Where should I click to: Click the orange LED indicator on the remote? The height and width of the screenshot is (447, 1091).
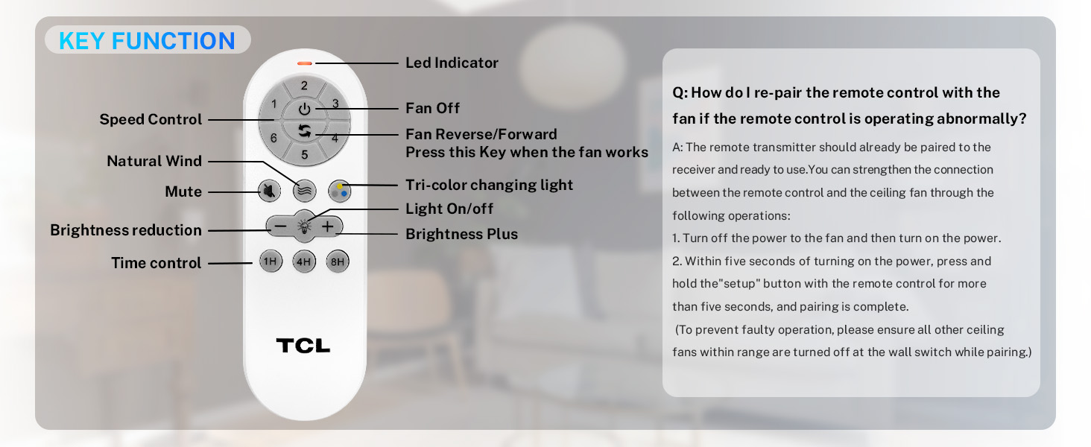[305, 63]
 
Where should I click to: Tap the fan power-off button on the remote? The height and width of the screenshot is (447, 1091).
[304, 109]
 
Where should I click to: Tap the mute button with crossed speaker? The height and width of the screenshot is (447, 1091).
[269, 191]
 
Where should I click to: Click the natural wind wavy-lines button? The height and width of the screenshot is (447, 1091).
[304, 191]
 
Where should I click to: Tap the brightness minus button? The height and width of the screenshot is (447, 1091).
[280, 226]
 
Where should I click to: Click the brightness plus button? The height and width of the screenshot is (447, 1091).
[328, 226]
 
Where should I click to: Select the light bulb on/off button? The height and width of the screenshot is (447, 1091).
[304, 226]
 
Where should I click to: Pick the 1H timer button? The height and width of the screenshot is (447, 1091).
[271, 261]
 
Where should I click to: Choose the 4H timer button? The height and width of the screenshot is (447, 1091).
[304, 261]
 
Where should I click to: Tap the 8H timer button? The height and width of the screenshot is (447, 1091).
[338, 261]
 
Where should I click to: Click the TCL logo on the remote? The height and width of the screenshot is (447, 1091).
[303, 346]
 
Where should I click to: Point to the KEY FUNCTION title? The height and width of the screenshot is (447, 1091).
[147, 40]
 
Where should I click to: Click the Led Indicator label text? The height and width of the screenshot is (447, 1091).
[452, 63]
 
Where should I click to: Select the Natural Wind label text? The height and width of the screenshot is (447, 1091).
[154, 161]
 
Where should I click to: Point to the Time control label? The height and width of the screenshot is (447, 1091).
[156, 263]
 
